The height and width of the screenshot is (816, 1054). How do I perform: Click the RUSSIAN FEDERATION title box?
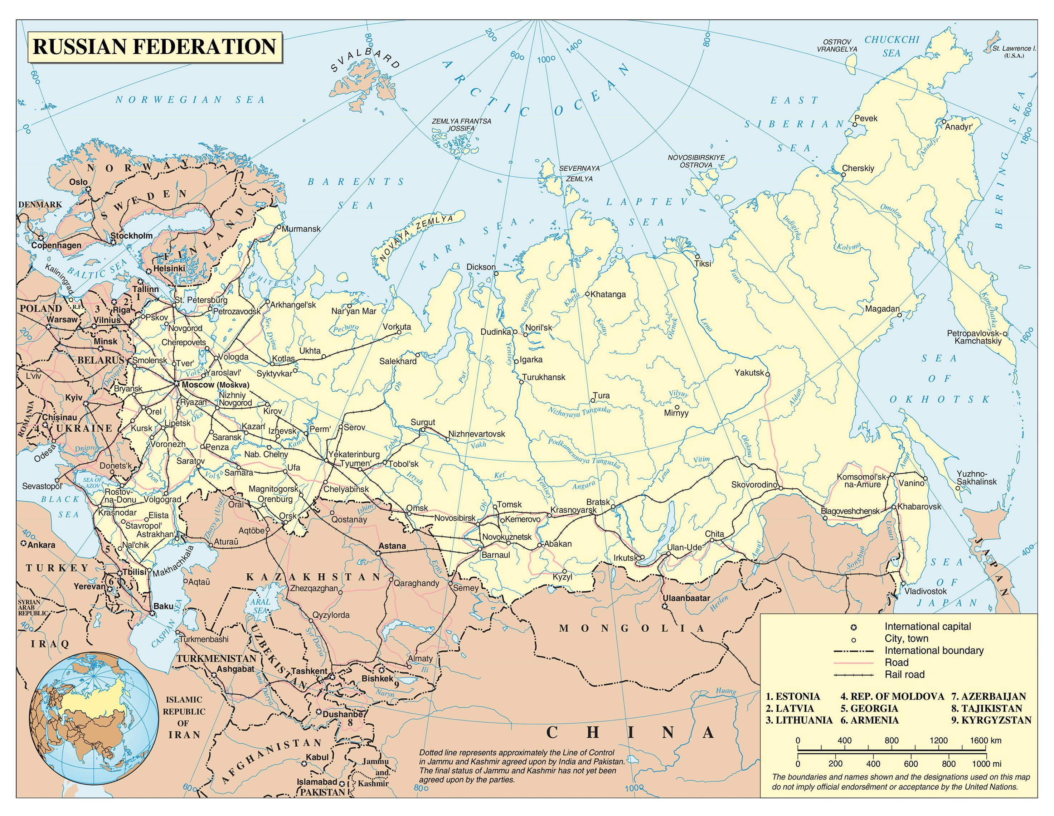click(155, 47)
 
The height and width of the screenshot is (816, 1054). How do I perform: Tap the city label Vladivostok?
click(925, 591)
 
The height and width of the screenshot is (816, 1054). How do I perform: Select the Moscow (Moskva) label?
click(215, 385)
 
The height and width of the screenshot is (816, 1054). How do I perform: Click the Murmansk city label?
click(301, 229)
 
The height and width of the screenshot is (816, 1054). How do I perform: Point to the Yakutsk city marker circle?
click(767, 374)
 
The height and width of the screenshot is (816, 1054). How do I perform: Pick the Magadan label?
click(882, 309)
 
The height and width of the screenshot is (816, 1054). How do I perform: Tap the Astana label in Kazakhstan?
click(392, 546)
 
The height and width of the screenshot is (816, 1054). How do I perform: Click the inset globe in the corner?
click(94, 718)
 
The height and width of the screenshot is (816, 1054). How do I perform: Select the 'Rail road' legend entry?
click(904, 675)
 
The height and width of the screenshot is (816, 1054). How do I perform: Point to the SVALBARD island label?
click(365, 58)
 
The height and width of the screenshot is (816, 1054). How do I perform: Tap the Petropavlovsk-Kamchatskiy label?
click(978, 337)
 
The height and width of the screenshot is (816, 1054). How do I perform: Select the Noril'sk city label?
click(538, 328)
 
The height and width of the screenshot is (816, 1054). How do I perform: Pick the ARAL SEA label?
click(260, 606)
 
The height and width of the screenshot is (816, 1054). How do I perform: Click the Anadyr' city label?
click(958, 127)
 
